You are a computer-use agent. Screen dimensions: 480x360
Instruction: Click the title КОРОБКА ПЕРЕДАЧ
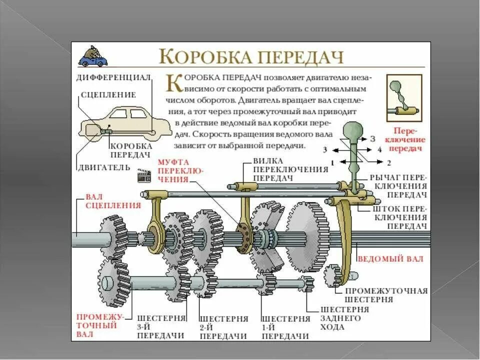pyautogui.click(x=251, y=56)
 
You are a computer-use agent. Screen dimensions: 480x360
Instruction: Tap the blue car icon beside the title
pyautogui.click(x=93, y=57)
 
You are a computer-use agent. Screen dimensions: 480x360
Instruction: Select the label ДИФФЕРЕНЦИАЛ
pyautogui.click(x=113, y=77)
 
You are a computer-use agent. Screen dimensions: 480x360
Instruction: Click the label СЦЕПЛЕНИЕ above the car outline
pyautogui.click(x=108, y=94)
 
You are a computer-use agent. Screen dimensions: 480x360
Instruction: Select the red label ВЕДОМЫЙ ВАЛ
pyautogui.click(x=390, y=259)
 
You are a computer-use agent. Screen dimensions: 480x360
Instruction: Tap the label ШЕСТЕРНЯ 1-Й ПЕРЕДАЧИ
pyautogui.click(x=285, y=327)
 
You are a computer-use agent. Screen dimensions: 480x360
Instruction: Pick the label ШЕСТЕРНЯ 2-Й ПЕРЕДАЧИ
pyautogui.click(x=224, y=327)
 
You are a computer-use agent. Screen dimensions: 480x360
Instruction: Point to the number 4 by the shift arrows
pyautogui.click(x=380, y=149)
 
